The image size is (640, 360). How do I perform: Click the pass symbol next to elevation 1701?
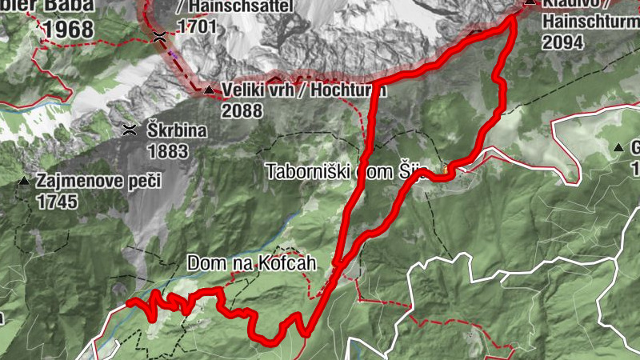click(x=160, y=36)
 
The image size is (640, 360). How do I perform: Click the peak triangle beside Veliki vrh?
click(x=209, y=90)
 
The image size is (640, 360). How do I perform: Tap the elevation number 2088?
click(x=242, y=111)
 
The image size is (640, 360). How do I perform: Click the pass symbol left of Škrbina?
click(x=129, y=130)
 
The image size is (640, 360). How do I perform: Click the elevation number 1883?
click(x=167, y=150)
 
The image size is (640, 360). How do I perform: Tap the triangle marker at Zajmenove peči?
click(x=24, y=182)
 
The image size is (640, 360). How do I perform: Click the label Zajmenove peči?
click(x=82, y=182)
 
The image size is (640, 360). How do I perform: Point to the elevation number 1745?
click(x=56, y=202)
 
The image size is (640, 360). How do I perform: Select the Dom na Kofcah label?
click(x=248, y=262)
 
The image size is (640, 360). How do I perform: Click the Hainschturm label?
click(x=590, y=22)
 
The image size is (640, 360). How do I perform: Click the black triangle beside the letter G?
click(x=619, y=148)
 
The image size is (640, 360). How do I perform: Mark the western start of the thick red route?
click(x=129, y=303)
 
